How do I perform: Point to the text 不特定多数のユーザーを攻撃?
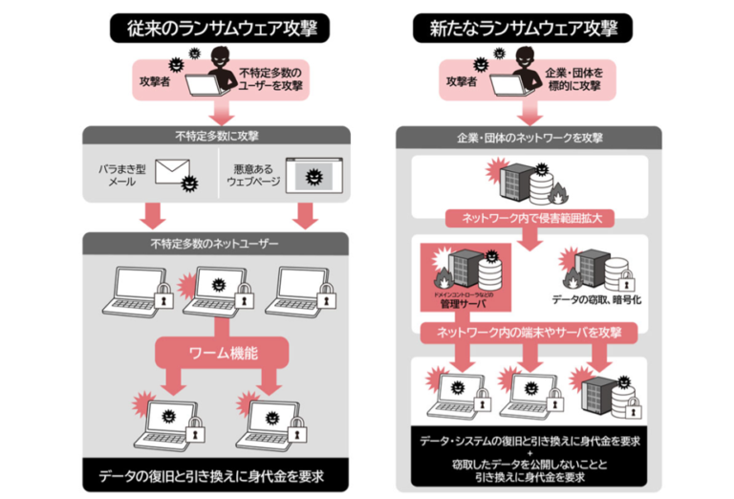point(270,79)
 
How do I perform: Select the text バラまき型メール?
point(120,173)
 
